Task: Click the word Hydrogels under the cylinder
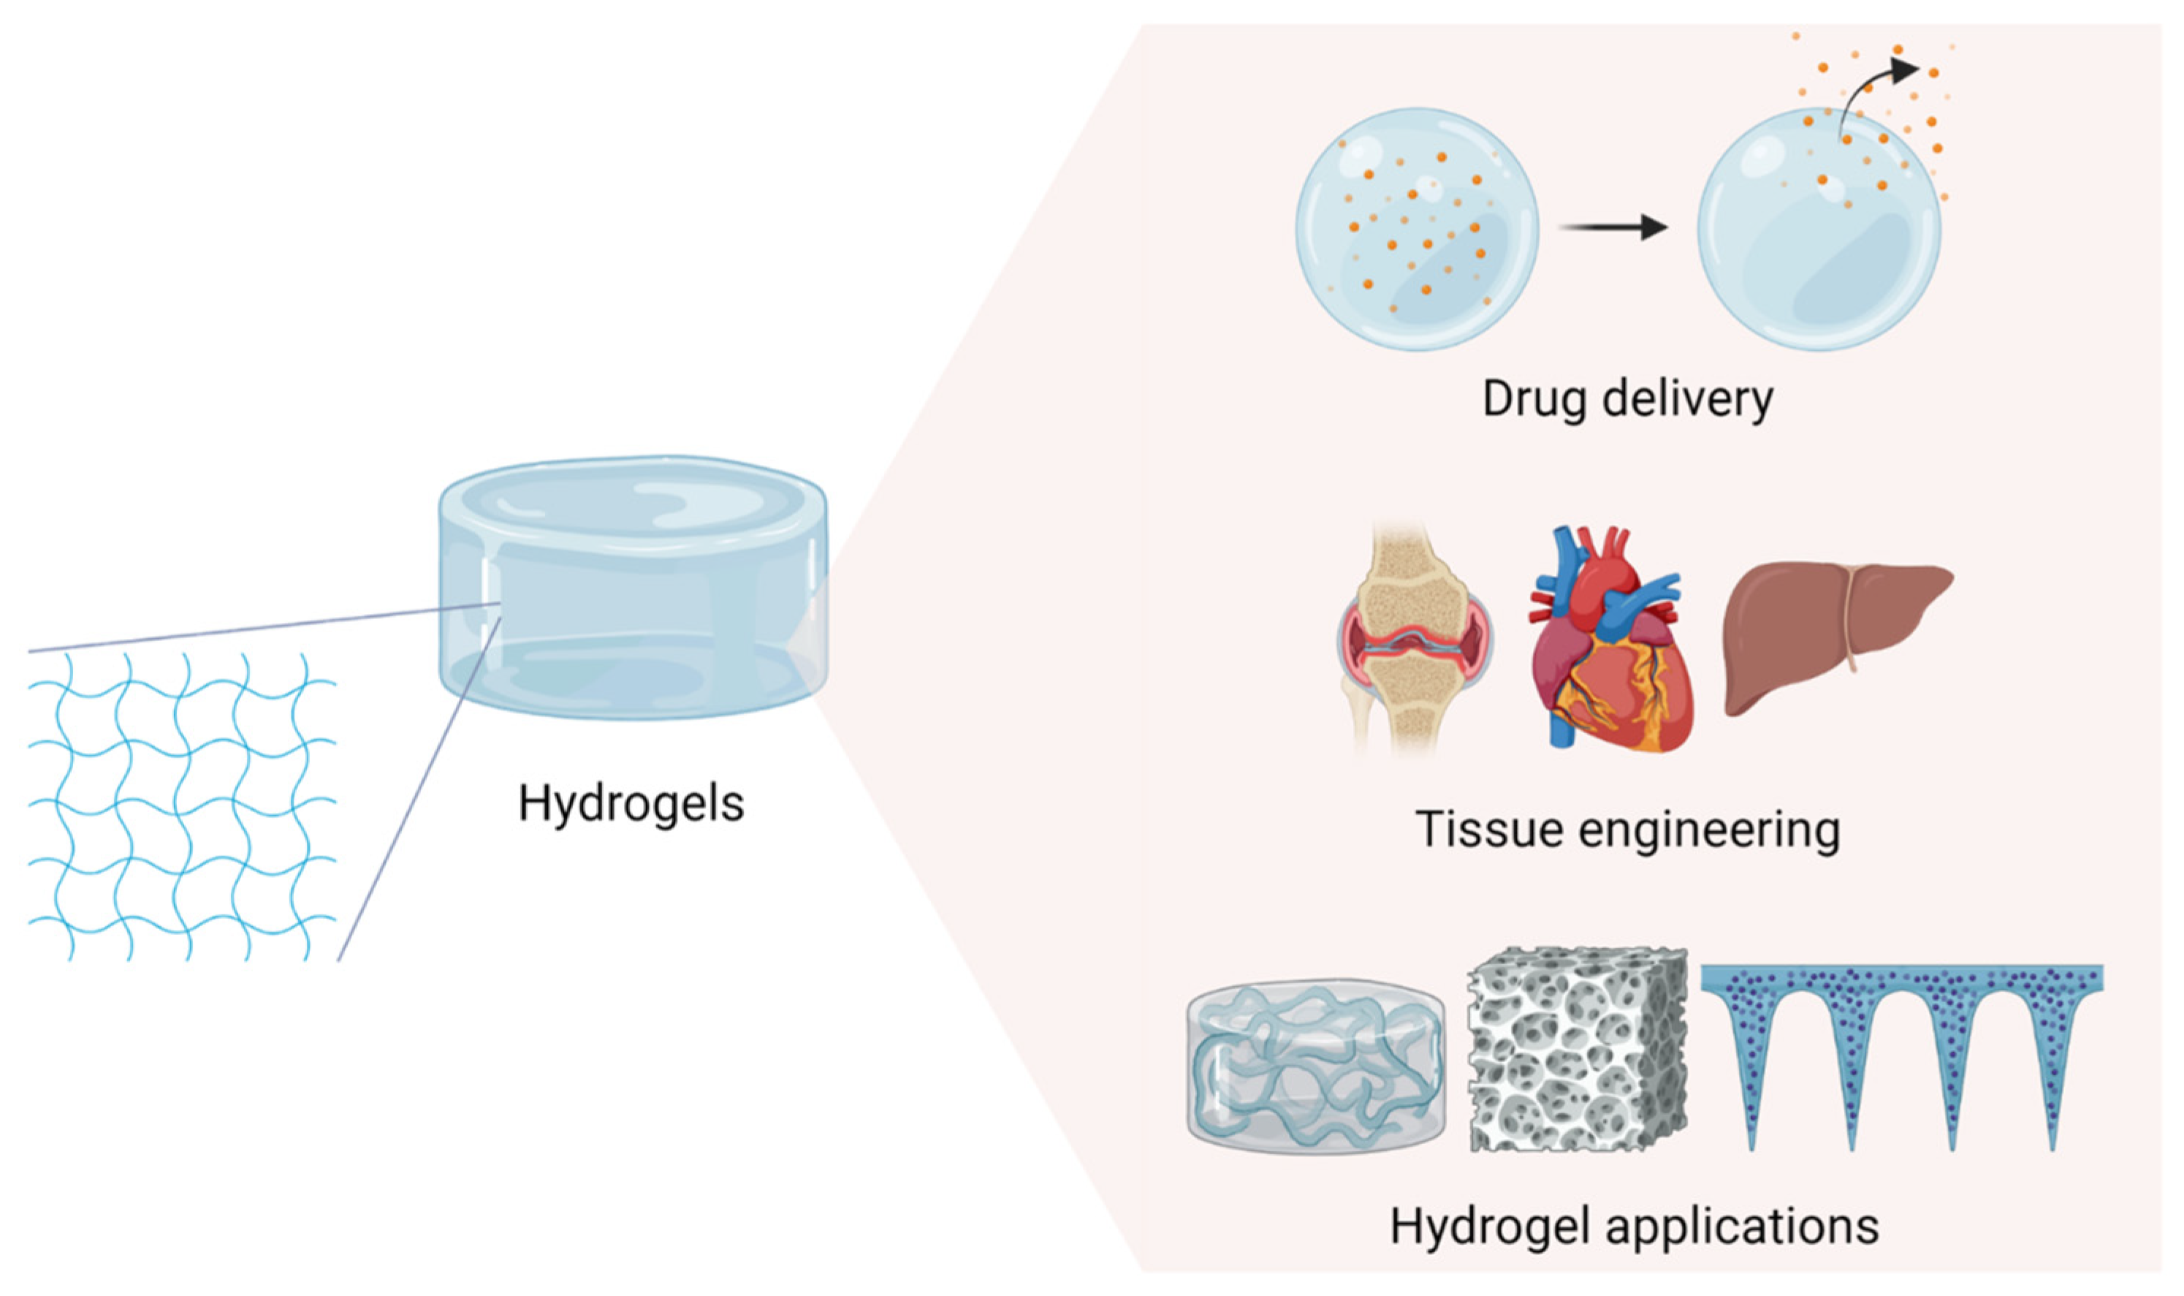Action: coord(631,803)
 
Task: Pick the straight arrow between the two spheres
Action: coord(1613,229)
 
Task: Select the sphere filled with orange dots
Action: coord(1416,229)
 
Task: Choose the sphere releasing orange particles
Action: coord(1818,229)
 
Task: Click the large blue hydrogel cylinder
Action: coord(632,587)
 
